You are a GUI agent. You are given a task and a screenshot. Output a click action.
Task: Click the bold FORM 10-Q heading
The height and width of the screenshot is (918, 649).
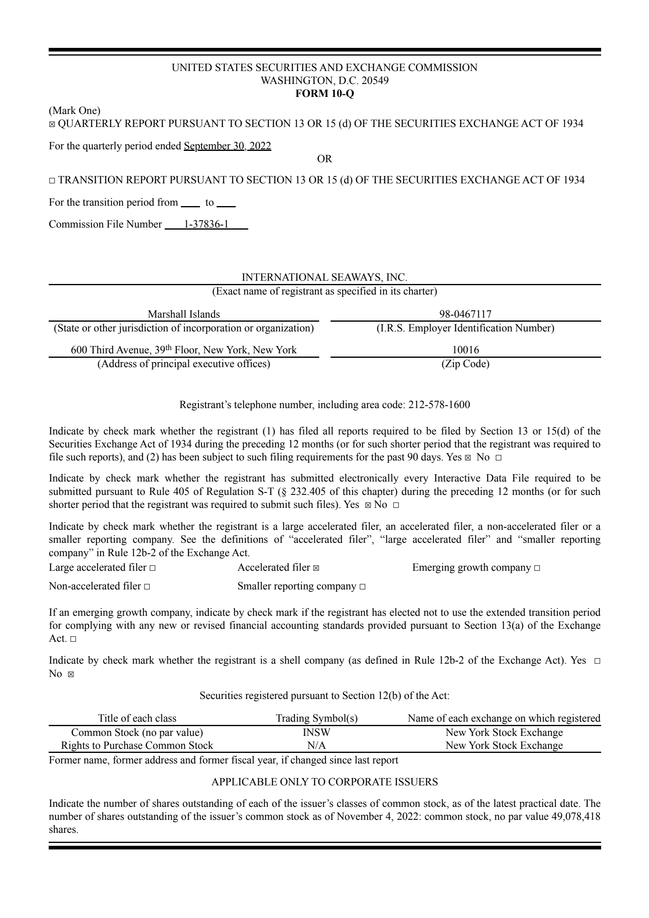click(324, 94)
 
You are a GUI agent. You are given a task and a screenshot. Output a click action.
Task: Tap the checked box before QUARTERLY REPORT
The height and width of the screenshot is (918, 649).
click(52, 125)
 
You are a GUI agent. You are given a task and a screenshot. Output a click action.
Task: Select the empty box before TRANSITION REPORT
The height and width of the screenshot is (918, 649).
click(52, 181)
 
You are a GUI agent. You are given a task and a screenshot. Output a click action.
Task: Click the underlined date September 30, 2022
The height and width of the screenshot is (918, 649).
click(227, 146)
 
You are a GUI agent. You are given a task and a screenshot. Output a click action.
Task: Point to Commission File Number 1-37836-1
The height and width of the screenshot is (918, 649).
click(206, 224)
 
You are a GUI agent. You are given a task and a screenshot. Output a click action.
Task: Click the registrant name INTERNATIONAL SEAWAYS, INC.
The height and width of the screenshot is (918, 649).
click(324, 277)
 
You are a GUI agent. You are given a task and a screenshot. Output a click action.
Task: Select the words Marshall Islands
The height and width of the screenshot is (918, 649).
click(183, 314)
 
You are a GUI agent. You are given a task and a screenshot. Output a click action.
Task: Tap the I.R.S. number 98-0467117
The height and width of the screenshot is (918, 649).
click(465, 314)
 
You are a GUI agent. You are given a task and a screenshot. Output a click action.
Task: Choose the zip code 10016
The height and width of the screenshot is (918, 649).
click(465, 350)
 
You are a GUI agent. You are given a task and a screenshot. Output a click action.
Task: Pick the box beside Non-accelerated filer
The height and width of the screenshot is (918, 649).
click(146, 587)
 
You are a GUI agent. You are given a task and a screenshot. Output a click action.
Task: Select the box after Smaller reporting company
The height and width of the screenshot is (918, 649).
click(362, 587)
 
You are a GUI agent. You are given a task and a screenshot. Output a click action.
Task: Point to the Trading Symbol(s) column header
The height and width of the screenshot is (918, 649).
click(316, 718)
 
